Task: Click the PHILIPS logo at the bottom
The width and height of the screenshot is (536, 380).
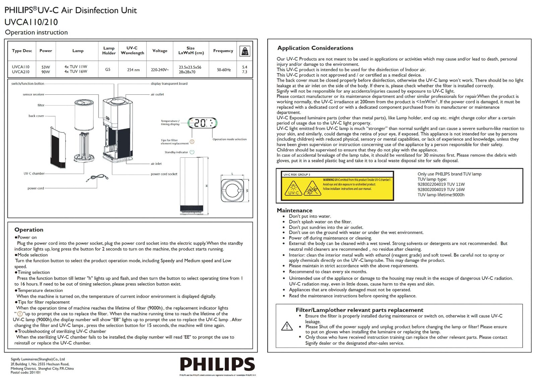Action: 217,364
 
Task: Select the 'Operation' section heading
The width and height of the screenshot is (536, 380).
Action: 29,230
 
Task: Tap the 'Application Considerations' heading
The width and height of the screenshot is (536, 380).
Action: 315,48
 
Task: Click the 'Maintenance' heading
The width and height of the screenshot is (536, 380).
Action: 294,210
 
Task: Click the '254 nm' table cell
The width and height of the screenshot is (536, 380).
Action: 133,70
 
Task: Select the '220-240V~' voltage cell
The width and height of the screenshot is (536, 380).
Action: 160,70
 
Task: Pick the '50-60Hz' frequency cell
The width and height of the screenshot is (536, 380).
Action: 223,70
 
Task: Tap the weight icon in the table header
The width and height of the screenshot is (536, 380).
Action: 245,51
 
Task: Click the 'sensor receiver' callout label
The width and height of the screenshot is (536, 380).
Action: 33,94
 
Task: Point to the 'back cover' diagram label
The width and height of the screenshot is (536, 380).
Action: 36,116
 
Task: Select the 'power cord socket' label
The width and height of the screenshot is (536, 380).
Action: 164,174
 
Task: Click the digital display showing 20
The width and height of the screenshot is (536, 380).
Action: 202,123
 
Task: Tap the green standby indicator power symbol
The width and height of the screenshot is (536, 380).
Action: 192,152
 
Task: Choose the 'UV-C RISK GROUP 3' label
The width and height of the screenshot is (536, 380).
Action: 297,174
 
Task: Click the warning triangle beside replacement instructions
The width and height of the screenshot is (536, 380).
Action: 287,326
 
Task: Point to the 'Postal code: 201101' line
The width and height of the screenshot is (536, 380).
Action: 25,372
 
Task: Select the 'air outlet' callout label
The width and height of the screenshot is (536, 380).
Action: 157,94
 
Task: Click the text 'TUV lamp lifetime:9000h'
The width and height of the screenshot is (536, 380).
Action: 441,195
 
